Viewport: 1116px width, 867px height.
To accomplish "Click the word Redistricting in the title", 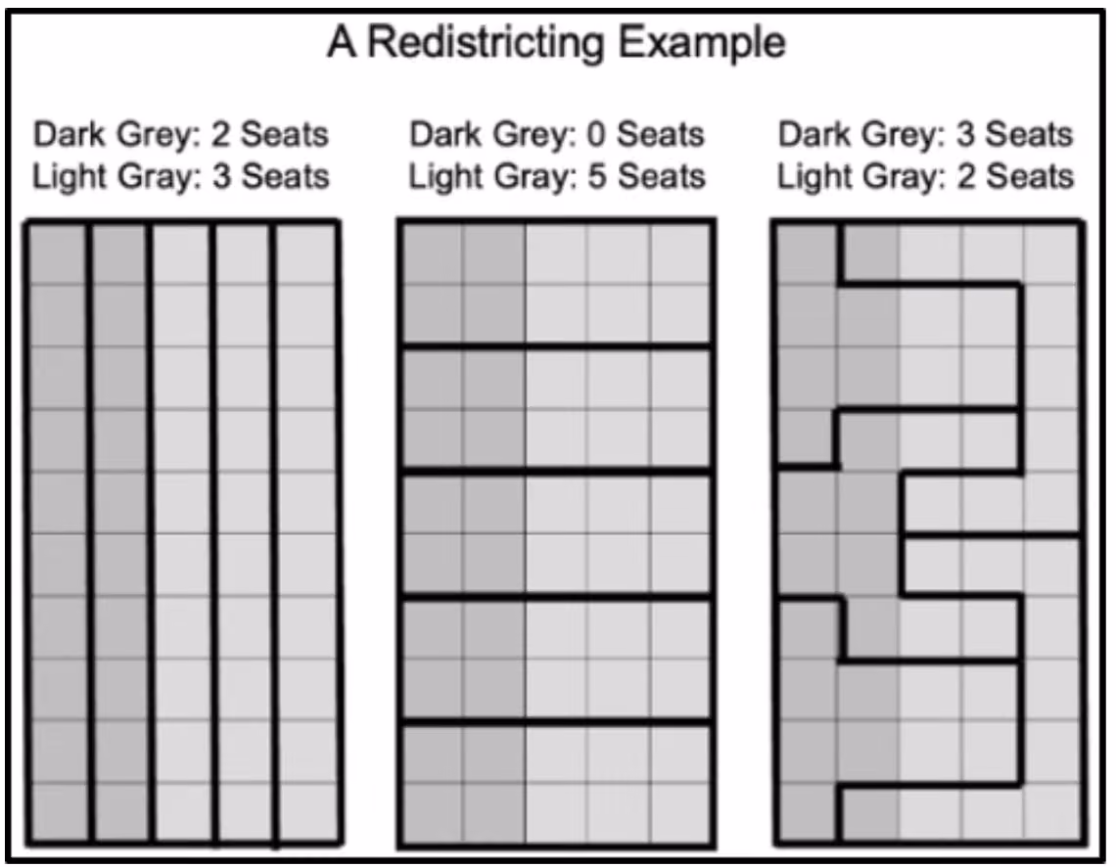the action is [486, 44].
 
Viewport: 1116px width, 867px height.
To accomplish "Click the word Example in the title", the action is [702, 44].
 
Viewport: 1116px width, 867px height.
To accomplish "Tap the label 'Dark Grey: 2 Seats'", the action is [181, 134].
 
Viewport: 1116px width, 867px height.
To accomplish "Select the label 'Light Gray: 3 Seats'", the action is [181, 176].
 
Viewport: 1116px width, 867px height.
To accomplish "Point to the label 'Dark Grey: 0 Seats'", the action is [557, 134].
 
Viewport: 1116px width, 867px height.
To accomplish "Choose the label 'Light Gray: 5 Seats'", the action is [557, 176].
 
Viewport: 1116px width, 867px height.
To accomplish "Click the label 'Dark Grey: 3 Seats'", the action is [925, 134].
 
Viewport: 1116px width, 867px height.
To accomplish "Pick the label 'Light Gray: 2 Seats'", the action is [925, 176].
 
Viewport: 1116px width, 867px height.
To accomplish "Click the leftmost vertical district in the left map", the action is [59, 532].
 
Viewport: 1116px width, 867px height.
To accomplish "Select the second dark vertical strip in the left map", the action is [119, 532].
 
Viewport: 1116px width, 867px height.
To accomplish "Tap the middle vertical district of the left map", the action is [181, 532].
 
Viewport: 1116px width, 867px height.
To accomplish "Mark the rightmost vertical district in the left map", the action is [306, 532].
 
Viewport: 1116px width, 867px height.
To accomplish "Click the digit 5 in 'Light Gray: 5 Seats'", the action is [596, 176].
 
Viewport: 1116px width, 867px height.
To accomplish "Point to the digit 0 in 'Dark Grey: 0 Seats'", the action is [596, 134].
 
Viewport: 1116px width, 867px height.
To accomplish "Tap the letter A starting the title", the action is [342, 43].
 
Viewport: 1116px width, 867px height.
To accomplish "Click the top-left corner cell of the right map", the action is [807, 253].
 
